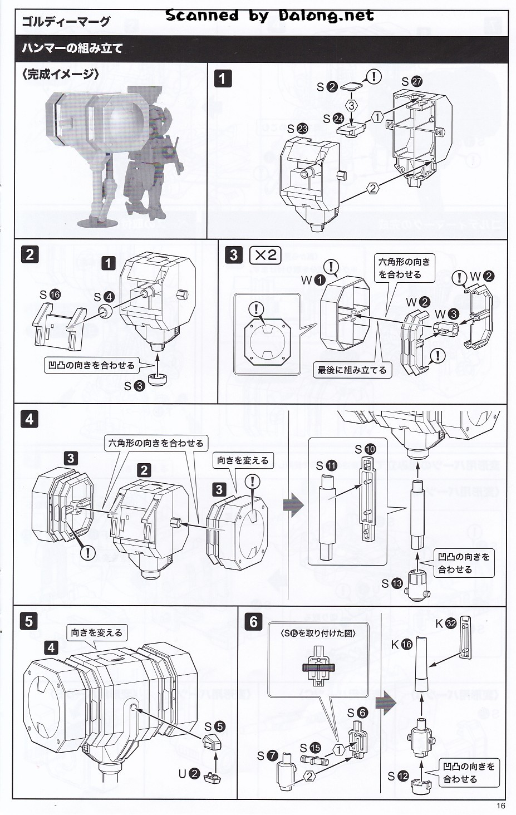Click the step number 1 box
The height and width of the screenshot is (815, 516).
[x=223, y=78]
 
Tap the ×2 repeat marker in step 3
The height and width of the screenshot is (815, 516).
[x=266, y=255]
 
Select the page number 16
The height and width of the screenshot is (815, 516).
[x=500, y=806]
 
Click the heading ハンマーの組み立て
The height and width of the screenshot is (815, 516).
[x=72, y=48]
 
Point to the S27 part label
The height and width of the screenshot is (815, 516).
[x=411, y=81]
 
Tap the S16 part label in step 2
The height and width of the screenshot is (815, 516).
[x=50, y=294]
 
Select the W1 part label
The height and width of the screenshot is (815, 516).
[x=313, y=280]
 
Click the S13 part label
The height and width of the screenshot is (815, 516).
[x=392, y=583]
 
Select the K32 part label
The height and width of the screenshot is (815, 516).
[x=446, y=623]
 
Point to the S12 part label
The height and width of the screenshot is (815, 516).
[x=398, y=776]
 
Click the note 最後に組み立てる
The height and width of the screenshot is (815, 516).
[x=352, y=370]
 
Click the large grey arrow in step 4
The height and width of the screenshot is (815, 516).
[x=293, y=505]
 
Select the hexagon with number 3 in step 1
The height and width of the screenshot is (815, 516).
[x=351, y=105]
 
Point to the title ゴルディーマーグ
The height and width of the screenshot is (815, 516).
[x=66, y=22]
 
